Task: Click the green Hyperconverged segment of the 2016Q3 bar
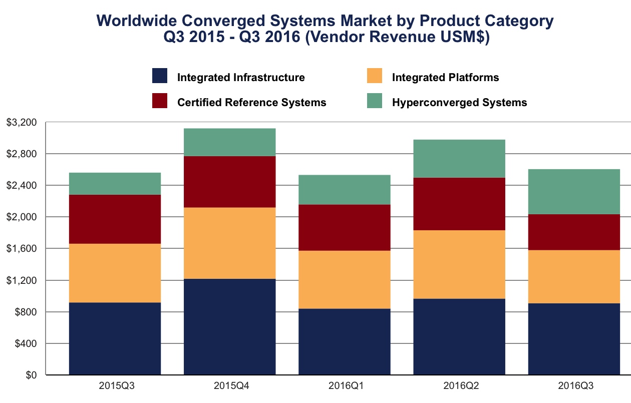coord(574,192)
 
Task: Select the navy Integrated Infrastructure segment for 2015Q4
coord(229,326)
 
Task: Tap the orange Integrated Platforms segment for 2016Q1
coord(345,279)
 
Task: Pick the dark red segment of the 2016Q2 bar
coord(459,204)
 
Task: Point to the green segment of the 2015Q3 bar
coord(115,184)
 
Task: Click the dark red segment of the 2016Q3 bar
coord(574,232)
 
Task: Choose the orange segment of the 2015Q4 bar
coord(229,243)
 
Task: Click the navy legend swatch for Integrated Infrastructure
coord(159,76)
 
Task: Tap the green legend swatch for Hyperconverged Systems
coord(374,101)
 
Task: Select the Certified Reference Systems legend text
coord(251,103)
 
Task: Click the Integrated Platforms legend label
coord(445,78)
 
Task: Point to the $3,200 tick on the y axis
coord(23,123)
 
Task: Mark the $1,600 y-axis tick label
coord(23,249)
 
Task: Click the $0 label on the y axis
coord(32,375)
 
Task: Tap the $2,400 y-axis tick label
coord(23,186)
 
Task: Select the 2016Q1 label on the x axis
coord(345,386)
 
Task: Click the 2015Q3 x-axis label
coord(115,386)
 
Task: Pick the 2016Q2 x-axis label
coord(459,386)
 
